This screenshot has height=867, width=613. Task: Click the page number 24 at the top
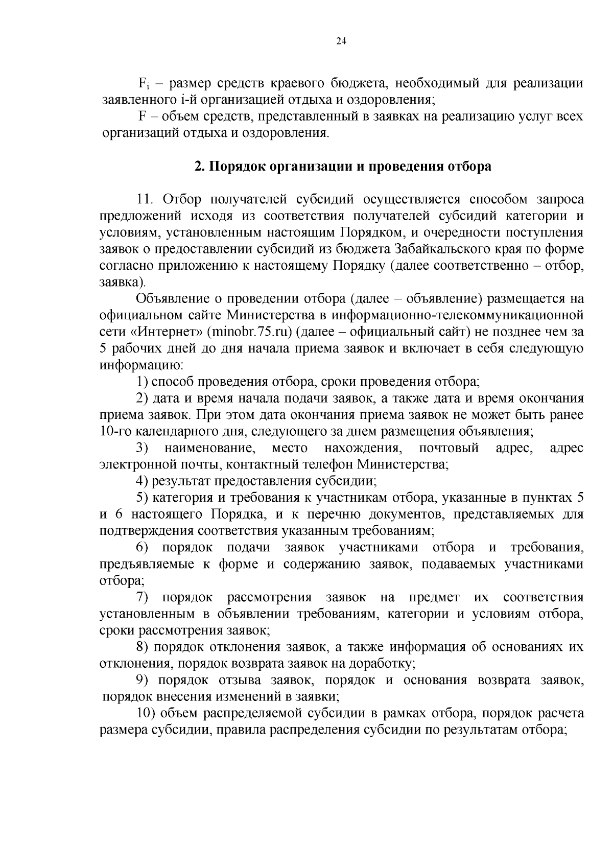coord(341,42)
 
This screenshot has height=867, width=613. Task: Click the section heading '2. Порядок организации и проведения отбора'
coord(343,167)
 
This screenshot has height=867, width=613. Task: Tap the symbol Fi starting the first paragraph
coord(143,84)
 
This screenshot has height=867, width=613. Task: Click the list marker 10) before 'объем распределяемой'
coord(146,713)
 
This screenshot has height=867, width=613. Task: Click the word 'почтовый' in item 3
coord(449,448)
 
